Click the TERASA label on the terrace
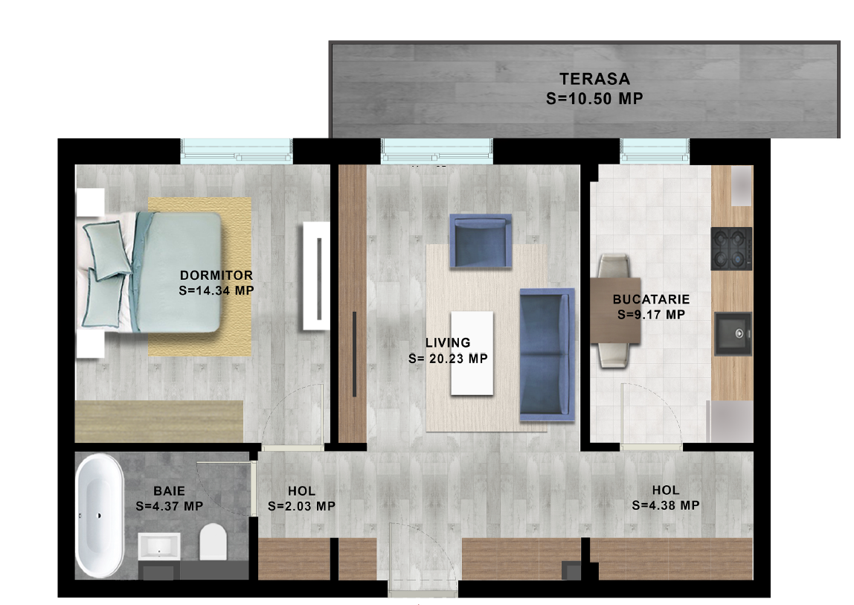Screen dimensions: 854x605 pyautogui.click(x=595, y=79)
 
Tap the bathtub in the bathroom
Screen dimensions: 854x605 pyautogui.click(x=100, y=515)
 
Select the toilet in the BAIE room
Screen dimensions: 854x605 pyautogui.click(x=213, y=542)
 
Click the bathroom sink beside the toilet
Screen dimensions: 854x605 pyautogui.click(x=159, y=546)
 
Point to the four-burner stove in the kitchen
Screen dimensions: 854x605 pyautogui.click(x=731, y=249)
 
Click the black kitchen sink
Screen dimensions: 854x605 pyautogui.click(x=733, y=333)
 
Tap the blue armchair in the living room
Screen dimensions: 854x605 pyautogui.click(x=481, y=241)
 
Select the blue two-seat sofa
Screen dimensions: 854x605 pyautogui.click(x=548, y=354)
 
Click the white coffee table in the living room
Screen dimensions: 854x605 pyautogui.click(x=472, y=353)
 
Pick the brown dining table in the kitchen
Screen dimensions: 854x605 pyautogui.click(x=615, y=310)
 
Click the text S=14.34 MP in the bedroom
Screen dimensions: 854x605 pyautogui.click(x=216, y=290)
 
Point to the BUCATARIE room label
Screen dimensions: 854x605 pyautogui.click(x=652, y=299)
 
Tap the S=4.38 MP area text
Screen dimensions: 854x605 pyautogui.click(x=666, y=505)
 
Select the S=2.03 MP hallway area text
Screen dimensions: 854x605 pyautogui.click(x=301, y=506)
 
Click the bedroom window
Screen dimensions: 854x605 pyautogui.click(x=237, y=151)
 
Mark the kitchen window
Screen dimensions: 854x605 pyautogui.click(x=655, y=151)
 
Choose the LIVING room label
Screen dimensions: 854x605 pyautogui.click(x=448, y=343)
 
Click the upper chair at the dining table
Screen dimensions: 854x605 pyautogui.click(x=614, y=266)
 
